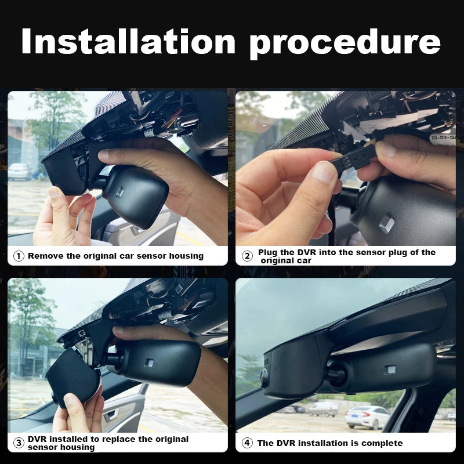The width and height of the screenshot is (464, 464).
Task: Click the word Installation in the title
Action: pyautogui.click(x=128, y=41)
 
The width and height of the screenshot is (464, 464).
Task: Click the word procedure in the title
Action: pyautogui.click(x=345, y=45)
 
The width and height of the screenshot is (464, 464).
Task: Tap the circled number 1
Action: pyautogui.click(x=19, y=256)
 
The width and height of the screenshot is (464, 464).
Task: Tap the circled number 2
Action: pyautogui.click(x=247, y=256)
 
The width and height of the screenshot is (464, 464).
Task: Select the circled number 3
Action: pyautogui.click(x=19, y=443)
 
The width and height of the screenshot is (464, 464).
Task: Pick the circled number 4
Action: pyautogui.click(x=247, y=443)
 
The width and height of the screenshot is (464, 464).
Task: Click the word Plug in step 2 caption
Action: pyautogui.click(x=268, y=253)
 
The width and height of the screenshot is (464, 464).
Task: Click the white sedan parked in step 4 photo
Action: pyautogui.click(x=367, y=417)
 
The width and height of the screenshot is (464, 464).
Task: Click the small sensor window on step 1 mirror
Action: pyautogui.click(x=119, y=193)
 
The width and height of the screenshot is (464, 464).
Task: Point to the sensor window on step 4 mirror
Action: pyautogui.click(x=390, y=369)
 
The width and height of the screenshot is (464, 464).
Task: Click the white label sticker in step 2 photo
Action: pyautogui.click(x=443, y=138)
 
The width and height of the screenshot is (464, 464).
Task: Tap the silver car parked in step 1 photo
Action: pyautogui.click(x=19, y=171)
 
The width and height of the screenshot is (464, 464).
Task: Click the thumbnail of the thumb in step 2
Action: pyautogui.click(x=324, y=172)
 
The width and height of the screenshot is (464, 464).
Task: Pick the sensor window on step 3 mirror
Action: pyautogui.click(x=149, y=363)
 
